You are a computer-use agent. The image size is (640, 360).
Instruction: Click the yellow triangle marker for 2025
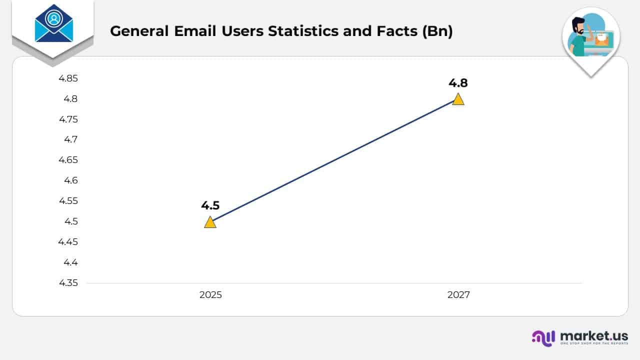(210, 222)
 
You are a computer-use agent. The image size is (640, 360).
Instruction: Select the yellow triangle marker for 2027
(458, 99)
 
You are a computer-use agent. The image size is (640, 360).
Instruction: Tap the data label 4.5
(210, 205)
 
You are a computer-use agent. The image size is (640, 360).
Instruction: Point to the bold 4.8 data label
(458, 83)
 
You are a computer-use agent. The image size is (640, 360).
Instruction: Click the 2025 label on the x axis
(210, 295)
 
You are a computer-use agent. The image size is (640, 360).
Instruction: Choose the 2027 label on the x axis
(458, 295)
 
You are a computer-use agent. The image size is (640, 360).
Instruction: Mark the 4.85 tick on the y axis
(68, 78)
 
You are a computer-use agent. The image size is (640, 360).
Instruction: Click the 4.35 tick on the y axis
(68, 283)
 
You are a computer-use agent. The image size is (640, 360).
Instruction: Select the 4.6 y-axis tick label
(70, 180)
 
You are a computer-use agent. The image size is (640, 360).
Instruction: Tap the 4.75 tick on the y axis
(68, 119)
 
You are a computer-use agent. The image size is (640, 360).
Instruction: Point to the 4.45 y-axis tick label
(68, 242)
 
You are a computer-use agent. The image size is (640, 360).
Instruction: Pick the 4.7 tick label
(70, 139)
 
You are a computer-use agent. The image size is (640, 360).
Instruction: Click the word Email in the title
(193, 31)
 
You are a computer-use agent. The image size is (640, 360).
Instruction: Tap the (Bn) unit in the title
(437, 31)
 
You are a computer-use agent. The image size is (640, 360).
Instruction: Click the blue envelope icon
(53, 24)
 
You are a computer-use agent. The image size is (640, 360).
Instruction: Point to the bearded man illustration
(580, 37)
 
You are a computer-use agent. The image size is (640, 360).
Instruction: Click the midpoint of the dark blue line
(334, 161)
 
